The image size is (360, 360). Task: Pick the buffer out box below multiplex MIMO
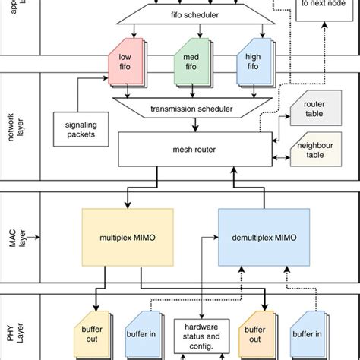(94, 336)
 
